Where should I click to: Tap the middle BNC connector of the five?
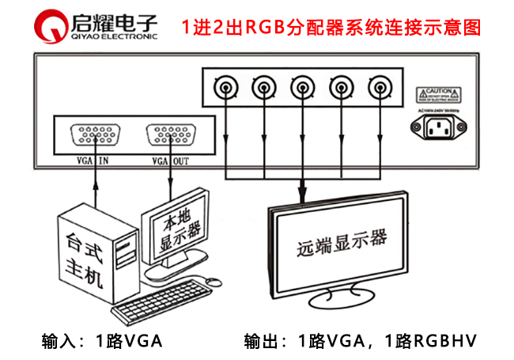[x=300, y=85]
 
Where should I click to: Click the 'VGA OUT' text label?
[x=170, y=161]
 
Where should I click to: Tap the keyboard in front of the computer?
[x=158, y=296]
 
